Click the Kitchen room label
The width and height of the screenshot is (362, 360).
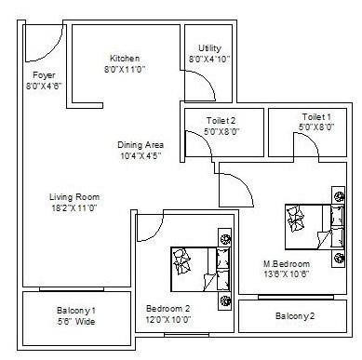point(126,58)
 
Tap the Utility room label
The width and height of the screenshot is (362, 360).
point(208,48)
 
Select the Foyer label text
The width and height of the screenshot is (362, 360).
point(44,74)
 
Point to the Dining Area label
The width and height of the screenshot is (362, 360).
point(141,144)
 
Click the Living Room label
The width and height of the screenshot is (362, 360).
point(74,196)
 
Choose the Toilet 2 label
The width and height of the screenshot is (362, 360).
point(221,120)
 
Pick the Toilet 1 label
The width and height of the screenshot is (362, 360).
point(315,116)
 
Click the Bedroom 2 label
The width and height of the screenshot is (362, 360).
point(168,309)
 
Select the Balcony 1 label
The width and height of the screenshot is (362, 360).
point(74,308)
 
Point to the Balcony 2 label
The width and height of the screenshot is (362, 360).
point(295,317)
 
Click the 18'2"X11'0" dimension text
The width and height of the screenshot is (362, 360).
point(74,208)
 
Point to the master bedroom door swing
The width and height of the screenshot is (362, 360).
point(235,191)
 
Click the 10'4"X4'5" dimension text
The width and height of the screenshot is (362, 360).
point(141,156)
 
